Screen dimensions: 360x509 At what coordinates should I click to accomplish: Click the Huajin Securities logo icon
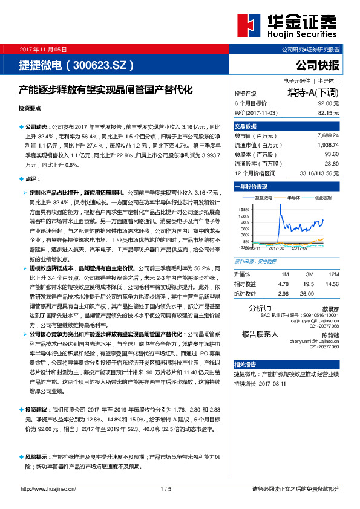coord(250,27)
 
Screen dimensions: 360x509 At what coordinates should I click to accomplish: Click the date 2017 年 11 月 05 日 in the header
coord(44,48)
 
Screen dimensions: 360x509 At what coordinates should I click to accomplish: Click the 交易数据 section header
coord(246,126)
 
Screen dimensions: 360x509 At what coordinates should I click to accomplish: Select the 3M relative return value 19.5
coord(308,284)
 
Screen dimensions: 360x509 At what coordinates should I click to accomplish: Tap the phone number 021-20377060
coord(324,346)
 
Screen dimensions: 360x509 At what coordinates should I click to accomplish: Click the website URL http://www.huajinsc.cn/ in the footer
coord(48,488)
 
